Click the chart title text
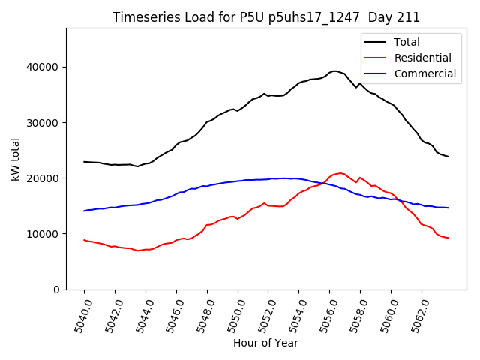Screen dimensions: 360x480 pos(266,17)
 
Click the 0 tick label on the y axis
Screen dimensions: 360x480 pos(56,289)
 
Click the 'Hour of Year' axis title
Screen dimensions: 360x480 pos(265,343)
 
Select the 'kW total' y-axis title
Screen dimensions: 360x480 pos(15,159)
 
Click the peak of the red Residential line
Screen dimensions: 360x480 pos(340,173)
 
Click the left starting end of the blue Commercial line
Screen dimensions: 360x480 pos(84,211)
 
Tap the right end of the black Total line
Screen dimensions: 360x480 pos(448,157)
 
